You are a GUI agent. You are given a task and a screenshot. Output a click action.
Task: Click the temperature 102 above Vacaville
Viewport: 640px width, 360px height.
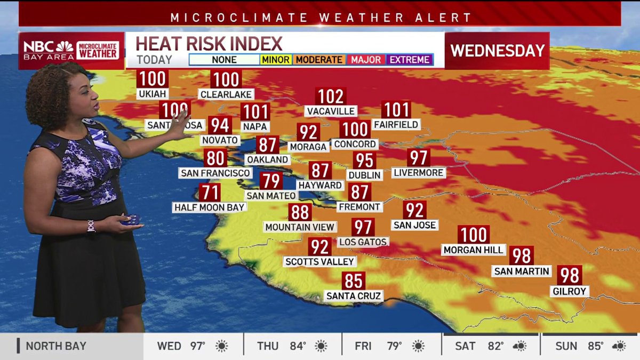click(331, 97)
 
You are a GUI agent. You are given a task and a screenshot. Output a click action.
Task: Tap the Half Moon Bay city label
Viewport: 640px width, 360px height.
click(209, 207)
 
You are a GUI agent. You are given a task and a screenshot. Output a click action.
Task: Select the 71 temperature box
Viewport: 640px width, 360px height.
click(210, 192)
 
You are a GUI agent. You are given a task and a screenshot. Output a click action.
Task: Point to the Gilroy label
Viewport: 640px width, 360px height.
click(570, 291)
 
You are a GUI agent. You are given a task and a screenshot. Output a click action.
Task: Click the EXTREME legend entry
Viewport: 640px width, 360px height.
click(409, 60)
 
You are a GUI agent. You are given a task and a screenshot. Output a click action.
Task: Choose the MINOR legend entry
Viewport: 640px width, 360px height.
click(275, 60)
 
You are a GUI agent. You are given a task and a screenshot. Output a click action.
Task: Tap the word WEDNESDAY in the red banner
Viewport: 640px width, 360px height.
click(497, 51)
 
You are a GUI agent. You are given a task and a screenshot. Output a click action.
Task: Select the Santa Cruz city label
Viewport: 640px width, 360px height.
click(354, 295)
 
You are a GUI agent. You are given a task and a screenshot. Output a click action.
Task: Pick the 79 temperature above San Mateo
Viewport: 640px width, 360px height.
click(271, 181)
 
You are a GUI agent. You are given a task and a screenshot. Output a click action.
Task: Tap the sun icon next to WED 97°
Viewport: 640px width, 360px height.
click(221, 346)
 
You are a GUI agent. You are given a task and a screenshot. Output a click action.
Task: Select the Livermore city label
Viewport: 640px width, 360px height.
click(419, 173)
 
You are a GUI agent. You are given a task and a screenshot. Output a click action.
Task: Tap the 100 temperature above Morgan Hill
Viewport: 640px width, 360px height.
click(474, 235)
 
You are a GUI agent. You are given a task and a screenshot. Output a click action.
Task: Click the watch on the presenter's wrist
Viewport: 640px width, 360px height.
click(91, 226)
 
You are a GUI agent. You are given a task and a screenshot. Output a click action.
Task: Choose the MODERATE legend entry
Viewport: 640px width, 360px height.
click(319, 60)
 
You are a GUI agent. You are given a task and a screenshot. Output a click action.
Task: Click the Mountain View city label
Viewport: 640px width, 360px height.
click(300, 227)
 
